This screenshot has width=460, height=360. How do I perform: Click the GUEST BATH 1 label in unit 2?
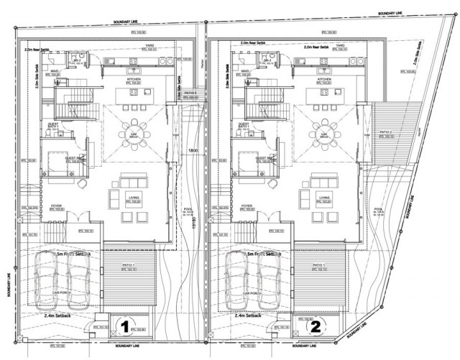tap(243, 125)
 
